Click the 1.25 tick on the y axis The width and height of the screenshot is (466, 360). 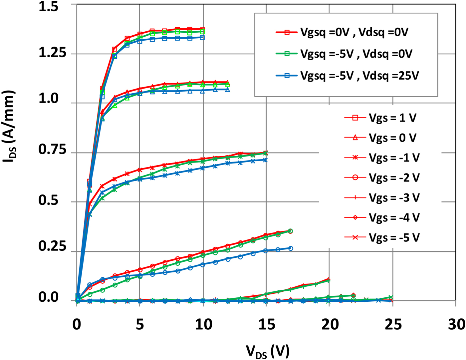coord(53,53)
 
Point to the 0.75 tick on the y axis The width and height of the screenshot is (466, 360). coord(53,150)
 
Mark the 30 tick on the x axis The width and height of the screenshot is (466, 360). coord(456,324)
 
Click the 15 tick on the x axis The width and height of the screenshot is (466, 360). coord(266,324)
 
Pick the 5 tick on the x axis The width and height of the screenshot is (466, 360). coord(140,324)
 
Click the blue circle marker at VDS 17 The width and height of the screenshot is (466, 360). coord(291,248)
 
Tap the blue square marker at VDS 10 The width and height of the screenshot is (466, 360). coord(202,38)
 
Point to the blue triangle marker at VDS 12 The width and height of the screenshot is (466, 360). coord(228,90)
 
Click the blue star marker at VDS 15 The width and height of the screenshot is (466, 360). coord(265,160)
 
